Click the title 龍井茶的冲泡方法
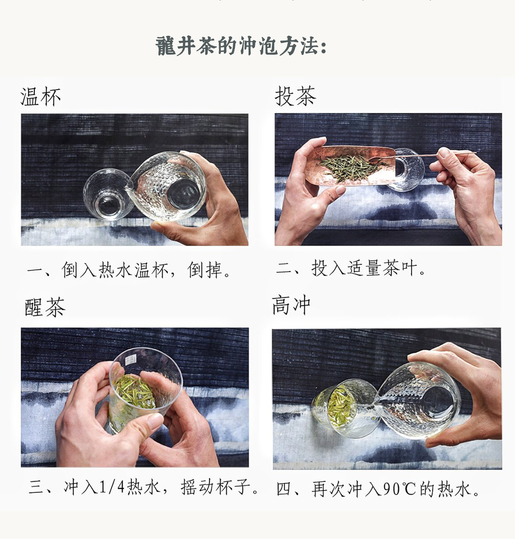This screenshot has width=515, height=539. [241, 46]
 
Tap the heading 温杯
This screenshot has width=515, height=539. [41, 97]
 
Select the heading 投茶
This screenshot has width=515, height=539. [295, 96]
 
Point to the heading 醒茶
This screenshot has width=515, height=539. [45, 307]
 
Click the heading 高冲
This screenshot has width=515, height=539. [291, 305]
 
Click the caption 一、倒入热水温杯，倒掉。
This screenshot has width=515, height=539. [129, 270]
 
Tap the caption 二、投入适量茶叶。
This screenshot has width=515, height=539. [351, 268]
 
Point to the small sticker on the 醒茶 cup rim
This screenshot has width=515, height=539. [130, 360]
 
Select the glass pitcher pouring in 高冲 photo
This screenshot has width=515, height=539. [419, 400]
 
